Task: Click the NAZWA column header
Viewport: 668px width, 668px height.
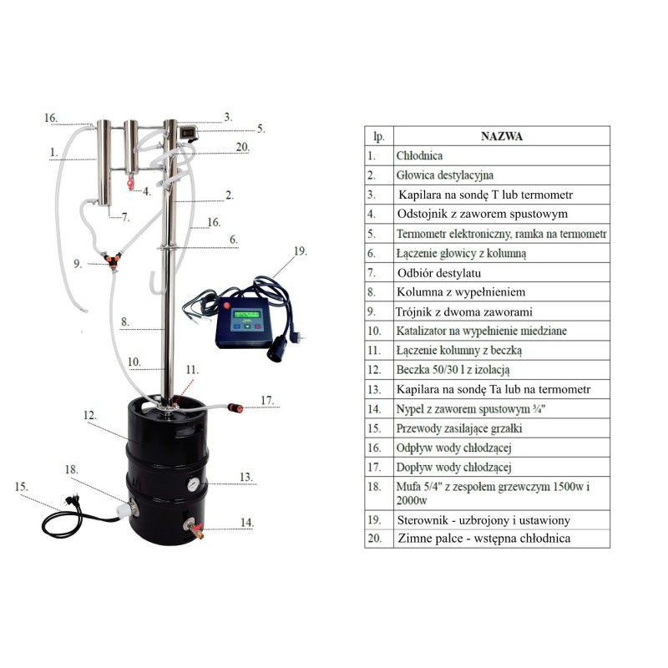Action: pyautogui.click(x=502, y=136)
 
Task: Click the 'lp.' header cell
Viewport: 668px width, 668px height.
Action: pyautogui.click(x=379, y=136)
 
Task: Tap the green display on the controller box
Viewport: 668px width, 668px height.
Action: pyautogui.click(x=247, y=315)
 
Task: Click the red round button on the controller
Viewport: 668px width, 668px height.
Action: pyautogui.click(x=227, y=305)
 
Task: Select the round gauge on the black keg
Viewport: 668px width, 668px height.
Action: pyautogui.click(x=193, y=484)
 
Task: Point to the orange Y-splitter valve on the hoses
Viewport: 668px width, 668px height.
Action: pyautogui.click(x=113, y=259)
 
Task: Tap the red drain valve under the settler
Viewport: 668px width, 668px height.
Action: pyautogui.click(x=130, y=183)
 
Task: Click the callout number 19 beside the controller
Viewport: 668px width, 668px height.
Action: pyautogui.click(x=301, y=251)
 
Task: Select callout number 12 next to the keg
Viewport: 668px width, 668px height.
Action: pyautogui.click(x=90, y=415)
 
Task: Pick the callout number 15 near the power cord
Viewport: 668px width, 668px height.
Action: pyautogui.click(x=21, y=486)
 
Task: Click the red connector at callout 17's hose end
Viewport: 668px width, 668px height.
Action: pyautogui.click(x=235, y=407)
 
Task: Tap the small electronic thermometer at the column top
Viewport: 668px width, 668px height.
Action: pyautogui.click(x=187, y=133)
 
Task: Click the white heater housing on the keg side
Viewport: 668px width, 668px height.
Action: pyautogui.click(x=124, y=509)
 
